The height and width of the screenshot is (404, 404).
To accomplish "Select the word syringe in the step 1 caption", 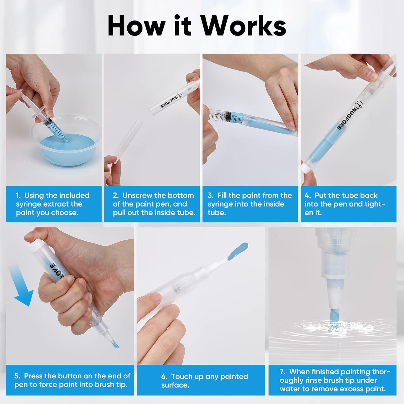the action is pos(29,204).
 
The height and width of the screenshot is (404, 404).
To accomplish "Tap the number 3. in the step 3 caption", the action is pos(211,195).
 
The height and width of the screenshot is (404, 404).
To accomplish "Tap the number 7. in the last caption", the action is pos(283,372).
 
